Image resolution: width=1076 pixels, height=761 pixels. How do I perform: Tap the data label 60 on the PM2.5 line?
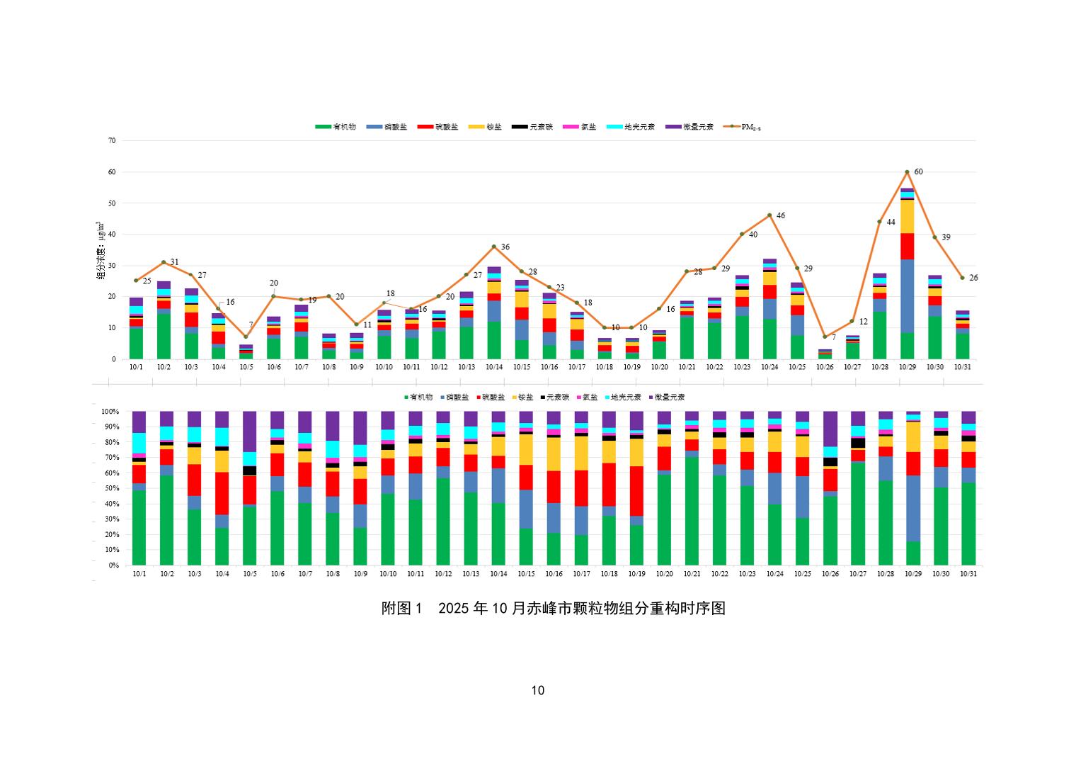(918, 171)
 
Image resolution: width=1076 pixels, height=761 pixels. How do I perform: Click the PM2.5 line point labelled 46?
(769, 215)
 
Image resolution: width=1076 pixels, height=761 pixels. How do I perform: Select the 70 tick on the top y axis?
(112, 140)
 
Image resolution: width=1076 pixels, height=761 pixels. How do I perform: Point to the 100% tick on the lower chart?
(110, 411)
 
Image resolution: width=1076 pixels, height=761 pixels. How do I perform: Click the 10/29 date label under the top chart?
(907, 367)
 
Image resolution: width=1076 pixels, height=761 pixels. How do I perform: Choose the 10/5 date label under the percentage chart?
(250, 574)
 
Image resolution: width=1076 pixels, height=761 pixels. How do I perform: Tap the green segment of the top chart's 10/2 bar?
(164, 336)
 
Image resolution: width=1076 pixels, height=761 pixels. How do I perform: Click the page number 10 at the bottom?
(537, 691)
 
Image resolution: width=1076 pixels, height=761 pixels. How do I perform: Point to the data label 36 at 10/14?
(505, 247)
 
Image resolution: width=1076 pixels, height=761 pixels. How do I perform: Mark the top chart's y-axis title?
(100, 249)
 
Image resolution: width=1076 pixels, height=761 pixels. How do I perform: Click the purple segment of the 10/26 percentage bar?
(830, 428)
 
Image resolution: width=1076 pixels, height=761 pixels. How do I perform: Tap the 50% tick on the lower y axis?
(111, 488)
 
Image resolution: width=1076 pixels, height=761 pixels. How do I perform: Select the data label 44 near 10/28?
(891, 222)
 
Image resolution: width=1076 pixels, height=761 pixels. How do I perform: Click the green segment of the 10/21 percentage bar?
(692, 511)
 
